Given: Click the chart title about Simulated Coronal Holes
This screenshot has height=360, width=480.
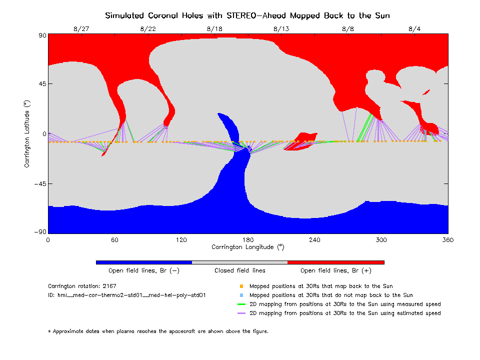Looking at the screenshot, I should [x=247, y=15].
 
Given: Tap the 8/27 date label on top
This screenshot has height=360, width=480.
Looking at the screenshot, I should [x=81, y=29].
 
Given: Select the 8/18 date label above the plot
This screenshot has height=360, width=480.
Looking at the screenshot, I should [x=214, y=29].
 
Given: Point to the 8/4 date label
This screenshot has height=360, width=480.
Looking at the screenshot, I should [x=414, y=29].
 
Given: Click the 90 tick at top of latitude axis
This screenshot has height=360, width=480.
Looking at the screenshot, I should [x=41, y=35].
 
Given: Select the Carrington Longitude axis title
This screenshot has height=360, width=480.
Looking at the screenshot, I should [x=247, y=247].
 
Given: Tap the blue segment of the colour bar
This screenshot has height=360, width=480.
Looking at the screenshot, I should [x=143, y=262].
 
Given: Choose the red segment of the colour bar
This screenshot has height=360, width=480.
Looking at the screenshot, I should [x=335, y=262].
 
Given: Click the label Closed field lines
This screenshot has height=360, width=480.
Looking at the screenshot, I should [x=240, y=270].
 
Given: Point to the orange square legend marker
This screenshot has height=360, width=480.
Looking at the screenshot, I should [x=241, y=286].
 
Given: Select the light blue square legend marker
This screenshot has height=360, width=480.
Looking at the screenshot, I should [x=241, y=295].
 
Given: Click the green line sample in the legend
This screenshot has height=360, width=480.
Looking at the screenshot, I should [x=241, y=304].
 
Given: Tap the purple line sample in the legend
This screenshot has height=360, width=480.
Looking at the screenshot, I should [x=241, y=313].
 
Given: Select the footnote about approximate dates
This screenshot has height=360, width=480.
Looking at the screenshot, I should [x=158, y=331].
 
